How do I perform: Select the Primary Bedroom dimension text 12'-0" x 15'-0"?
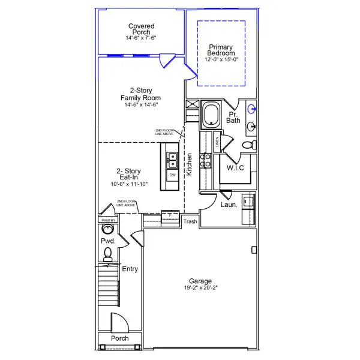[x=221, y=59]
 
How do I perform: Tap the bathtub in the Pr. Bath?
[x=211, y=114]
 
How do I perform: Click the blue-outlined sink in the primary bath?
[x=252, y=109]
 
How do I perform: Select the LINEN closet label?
[x=217, y=142]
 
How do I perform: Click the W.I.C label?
[x=235, y=167]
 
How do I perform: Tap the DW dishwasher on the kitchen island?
[x=172, y=175]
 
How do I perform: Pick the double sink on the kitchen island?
[x=172, y=159]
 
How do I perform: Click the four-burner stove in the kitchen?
[x=205, y=160]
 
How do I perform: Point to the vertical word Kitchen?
[x=189, y=164]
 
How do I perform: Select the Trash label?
[x=190, y=221]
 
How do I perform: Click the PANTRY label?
[x=108, y=220]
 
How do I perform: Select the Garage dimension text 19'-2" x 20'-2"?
[x=200, y=288]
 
